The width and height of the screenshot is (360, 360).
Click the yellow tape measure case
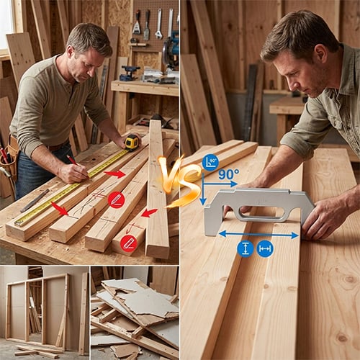tap(132, 143)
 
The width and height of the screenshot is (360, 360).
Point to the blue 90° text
tap(228, 174)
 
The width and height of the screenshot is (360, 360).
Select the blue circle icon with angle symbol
tap(210, 163)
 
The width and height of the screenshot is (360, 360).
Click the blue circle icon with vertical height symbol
tap(246, 248)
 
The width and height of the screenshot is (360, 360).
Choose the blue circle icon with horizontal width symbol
tap(265, 248)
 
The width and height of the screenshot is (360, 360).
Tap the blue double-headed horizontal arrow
tap(258, 235)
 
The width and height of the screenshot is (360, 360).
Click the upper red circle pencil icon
tap(116, 199)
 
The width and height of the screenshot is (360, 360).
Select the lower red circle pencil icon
tap(129, 243)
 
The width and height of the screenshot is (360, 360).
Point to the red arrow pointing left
tap(149, 212)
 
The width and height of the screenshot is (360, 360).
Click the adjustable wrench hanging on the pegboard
tap(158, 24)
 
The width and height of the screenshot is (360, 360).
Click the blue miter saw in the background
tap(171, 52)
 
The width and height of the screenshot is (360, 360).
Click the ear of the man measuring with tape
tap(70, 53)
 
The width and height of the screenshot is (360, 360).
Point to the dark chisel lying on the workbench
tap(35, 201)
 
